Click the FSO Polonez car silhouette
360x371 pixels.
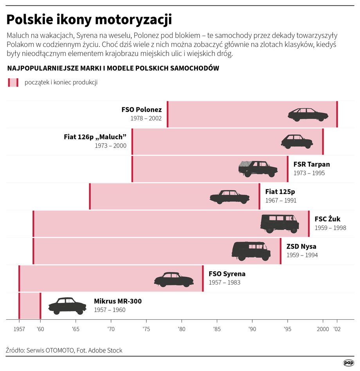point(308,114)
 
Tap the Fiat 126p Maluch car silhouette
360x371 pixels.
point(297,141)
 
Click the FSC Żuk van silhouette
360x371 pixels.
point(279,223)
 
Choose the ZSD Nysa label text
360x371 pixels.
point(301,247)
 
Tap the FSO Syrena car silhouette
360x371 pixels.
point(174,279)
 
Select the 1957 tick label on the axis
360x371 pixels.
point(19,329)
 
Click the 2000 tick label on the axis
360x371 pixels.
point(322,329)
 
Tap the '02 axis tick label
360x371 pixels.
point(337,329)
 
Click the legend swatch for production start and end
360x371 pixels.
point(13,82)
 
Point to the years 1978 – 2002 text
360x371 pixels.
point(146,118)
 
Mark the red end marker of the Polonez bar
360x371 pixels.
point(337,114)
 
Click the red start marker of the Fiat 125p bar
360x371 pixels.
point(90,196)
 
